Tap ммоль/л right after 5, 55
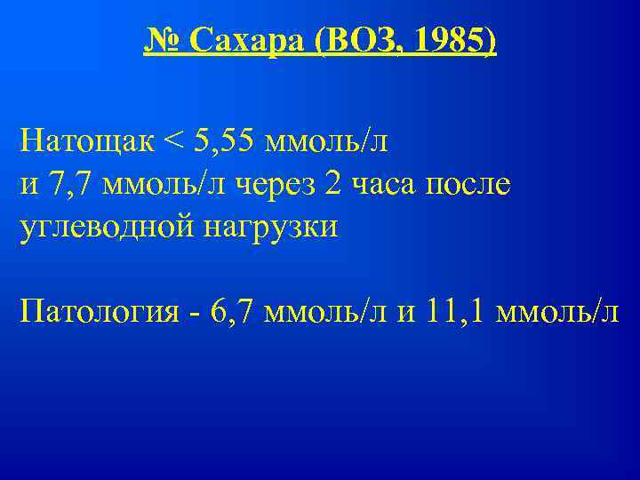point(337,140)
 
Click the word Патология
point(103,312)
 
